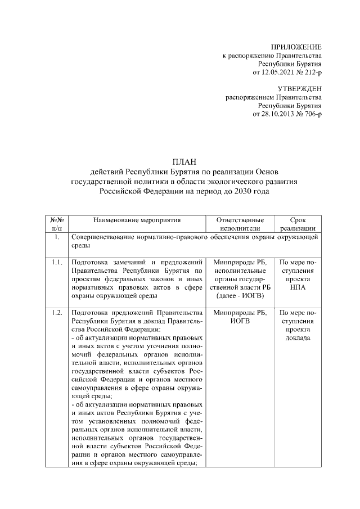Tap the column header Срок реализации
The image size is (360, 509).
click(298, 224)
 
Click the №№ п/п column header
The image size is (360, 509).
click(57, 224)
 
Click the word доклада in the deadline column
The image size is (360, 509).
click(298, 338)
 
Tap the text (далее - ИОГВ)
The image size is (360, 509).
click(239, 296)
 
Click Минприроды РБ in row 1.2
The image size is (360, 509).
click(239, 313)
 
